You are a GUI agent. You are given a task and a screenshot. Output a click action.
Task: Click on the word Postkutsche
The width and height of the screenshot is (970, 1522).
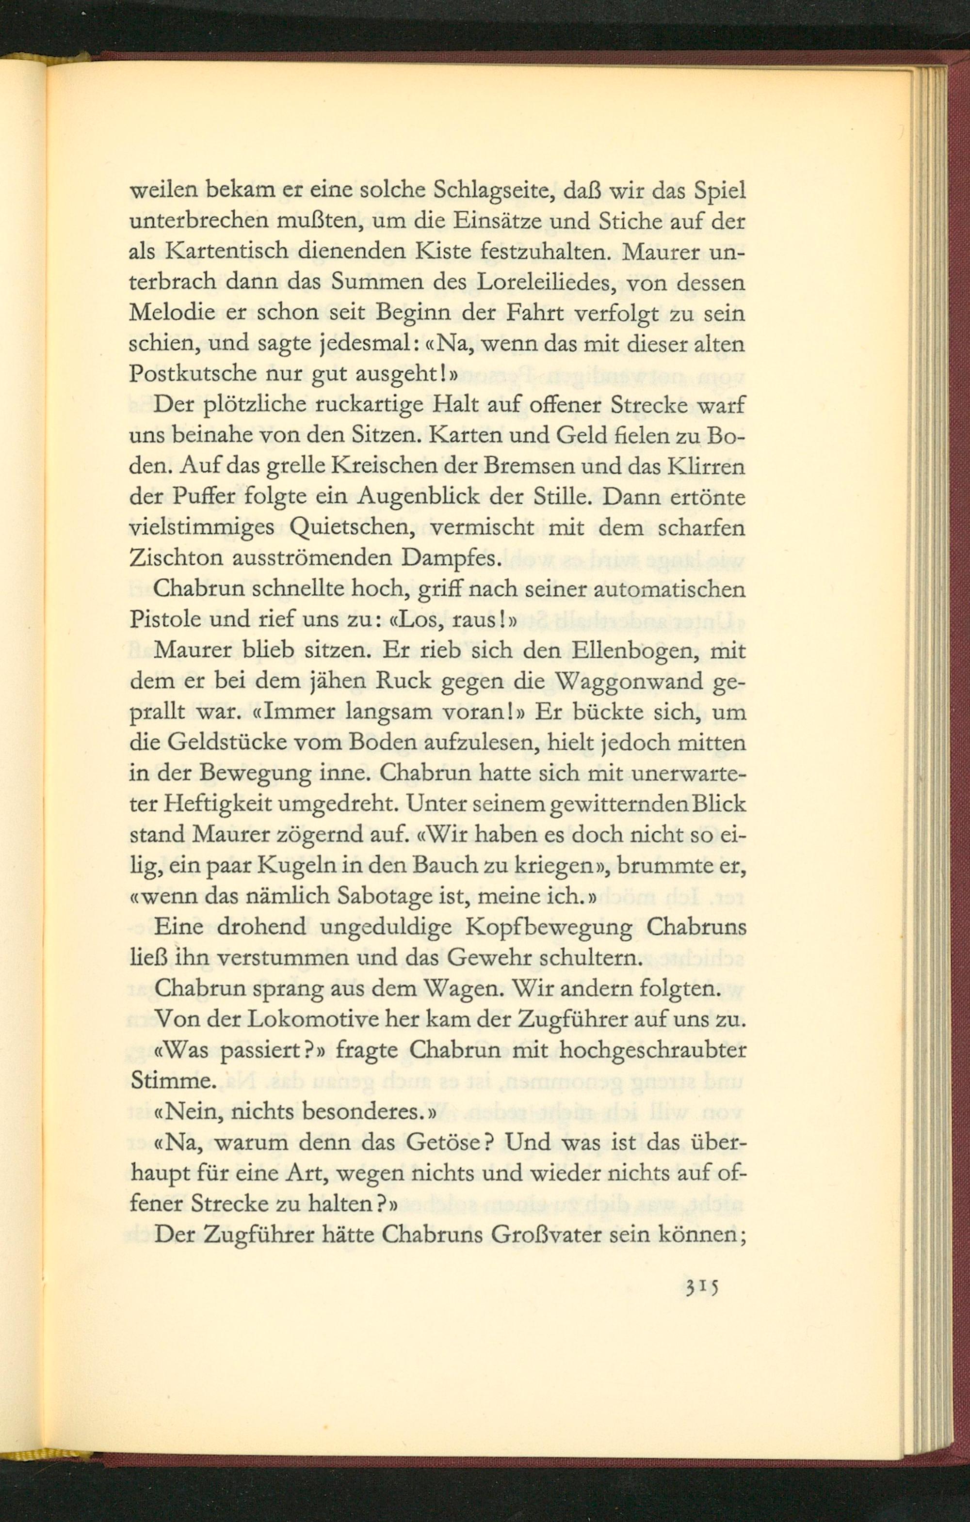[189, 377]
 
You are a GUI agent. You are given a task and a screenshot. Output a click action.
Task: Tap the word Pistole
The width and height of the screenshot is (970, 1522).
[163, 622]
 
